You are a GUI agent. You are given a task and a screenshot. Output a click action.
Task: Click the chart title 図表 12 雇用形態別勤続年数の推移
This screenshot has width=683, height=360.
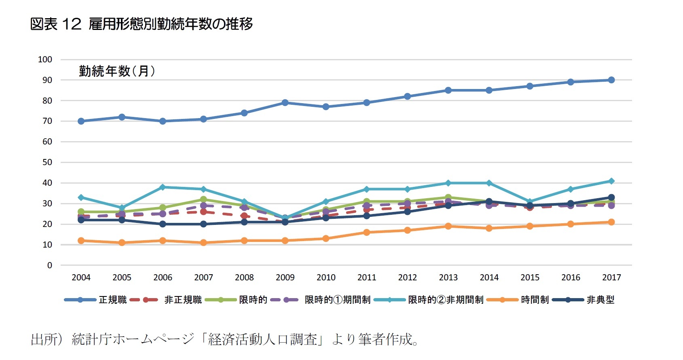[142, 24]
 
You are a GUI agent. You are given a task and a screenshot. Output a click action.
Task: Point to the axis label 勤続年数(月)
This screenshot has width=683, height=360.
[117, 71]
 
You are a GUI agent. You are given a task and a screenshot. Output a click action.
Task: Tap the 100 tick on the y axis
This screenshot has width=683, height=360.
[45, 59]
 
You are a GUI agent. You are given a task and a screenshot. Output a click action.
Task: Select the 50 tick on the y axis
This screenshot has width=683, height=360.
[47, 162]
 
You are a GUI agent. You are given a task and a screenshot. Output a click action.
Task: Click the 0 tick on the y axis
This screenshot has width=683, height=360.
[50, 265]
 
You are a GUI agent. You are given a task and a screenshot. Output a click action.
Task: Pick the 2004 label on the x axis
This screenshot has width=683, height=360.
[81, 277]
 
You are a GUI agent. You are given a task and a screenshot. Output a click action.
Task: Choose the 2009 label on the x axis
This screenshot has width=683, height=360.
[285, 277]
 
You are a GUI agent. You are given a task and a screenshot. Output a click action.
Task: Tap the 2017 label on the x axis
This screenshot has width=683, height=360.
[611, 277]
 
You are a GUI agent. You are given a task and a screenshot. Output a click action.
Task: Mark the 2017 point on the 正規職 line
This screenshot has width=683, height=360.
[611, 80]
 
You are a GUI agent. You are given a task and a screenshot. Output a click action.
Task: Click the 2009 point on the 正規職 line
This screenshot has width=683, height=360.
[285, 103]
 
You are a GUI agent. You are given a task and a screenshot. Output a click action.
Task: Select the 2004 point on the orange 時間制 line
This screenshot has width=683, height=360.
[81, 241]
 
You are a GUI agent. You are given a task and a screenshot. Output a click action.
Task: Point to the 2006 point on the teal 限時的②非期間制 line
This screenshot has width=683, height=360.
[163, 187]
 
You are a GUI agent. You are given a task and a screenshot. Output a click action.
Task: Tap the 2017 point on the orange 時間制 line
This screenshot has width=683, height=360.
[611, 222]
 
